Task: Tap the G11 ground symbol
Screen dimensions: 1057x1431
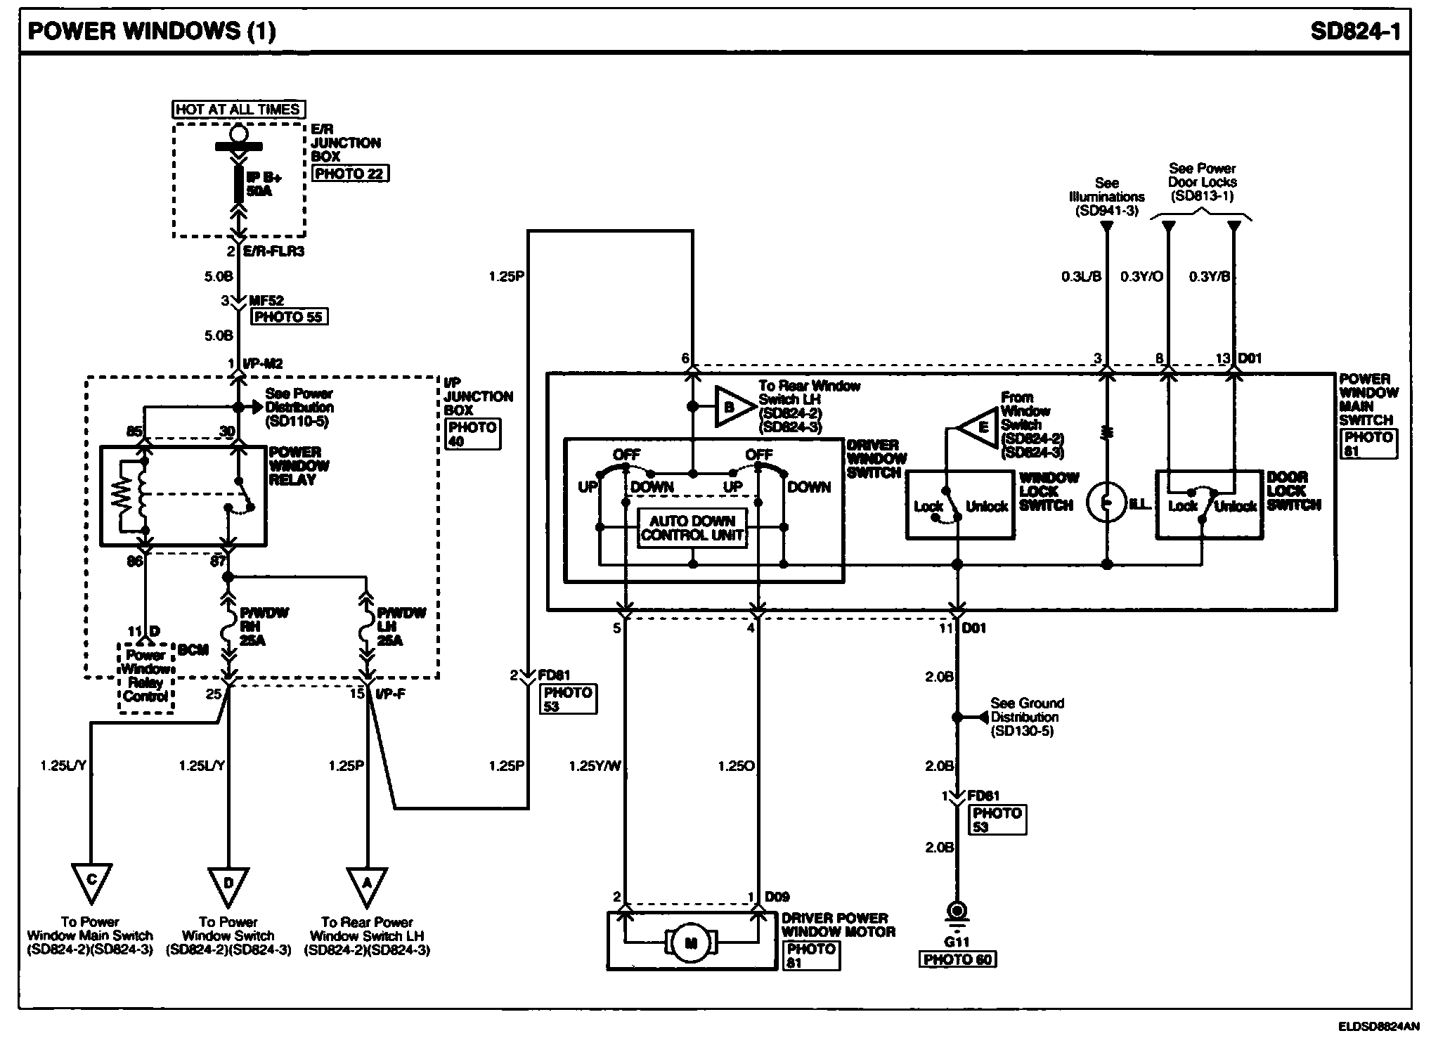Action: pos(957,912)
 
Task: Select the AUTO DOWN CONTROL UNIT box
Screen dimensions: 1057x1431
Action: pos(692,528)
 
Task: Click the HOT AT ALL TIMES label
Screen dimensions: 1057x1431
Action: pos(238,110)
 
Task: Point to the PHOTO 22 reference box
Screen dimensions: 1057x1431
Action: pos(349,174)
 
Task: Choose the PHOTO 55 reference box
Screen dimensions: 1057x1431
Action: pos(288,317)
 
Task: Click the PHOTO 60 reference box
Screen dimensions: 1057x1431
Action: pos(957,959)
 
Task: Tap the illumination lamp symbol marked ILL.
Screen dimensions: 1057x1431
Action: pos(1106,502)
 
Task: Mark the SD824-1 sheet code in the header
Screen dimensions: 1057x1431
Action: pos(1354,32)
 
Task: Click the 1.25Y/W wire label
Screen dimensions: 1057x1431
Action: pos(595,766)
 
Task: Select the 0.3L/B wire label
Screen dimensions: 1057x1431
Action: pos(1081,277)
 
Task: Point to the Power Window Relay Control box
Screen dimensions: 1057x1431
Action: pos(145,676)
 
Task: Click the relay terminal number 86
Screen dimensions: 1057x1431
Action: pos(134,561)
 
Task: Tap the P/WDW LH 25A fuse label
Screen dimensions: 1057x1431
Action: pos(401,627)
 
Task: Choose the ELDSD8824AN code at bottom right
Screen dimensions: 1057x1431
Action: pos(1378,1027)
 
